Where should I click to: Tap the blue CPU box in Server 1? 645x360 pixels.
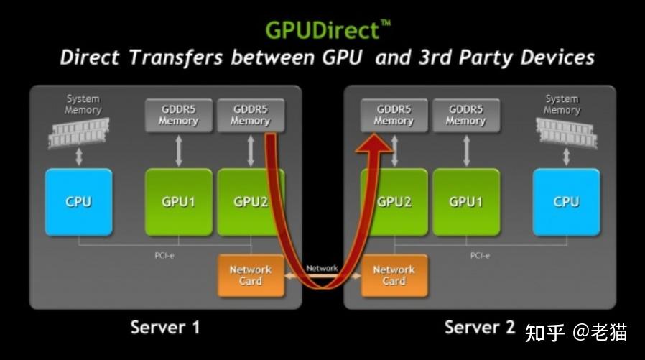click(x=78, y=202)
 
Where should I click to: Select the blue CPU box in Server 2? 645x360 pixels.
click(x=566, y=202)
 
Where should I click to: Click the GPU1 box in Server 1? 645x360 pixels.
click(x=179, y=202)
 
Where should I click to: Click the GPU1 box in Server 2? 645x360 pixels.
click(x=465, y=202)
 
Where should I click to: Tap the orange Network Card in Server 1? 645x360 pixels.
click(x=249, y=275)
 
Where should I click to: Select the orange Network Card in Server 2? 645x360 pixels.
click(x=394, y=275)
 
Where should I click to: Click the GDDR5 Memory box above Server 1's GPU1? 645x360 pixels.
click(x=178, y=115)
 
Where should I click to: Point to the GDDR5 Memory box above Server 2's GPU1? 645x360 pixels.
click(x=465, y=115)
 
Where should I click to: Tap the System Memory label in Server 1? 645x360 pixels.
click(x=83, y=104)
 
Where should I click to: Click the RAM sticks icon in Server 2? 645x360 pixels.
click(x=566, y=133)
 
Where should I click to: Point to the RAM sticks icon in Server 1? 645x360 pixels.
click(x=77, y=133)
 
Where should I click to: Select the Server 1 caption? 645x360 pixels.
click(x=164, y=328)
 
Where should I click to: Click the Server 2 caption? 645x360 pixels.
click(x=479, y=328)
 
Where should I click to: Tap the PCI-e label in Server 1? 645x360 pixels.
click(x=164, y=255)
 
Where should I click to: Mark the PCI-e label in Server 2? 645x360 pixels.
click(x=481, y=255)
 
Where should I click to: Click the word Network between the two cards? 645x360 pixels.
click(x=322, y=268)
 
